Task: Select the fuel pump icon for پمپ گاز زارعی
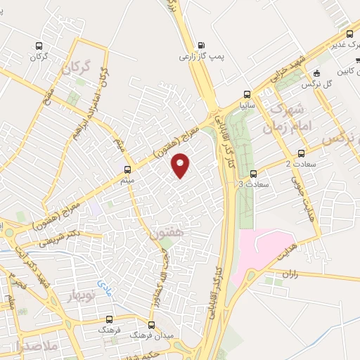[202, 44]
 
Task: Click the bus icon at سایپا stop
[247, 94]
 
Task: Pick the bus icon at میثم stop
[127, 169]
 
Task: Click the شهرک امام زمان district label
[285, 118]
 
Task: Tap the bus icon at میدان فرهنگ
[151, 326]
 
